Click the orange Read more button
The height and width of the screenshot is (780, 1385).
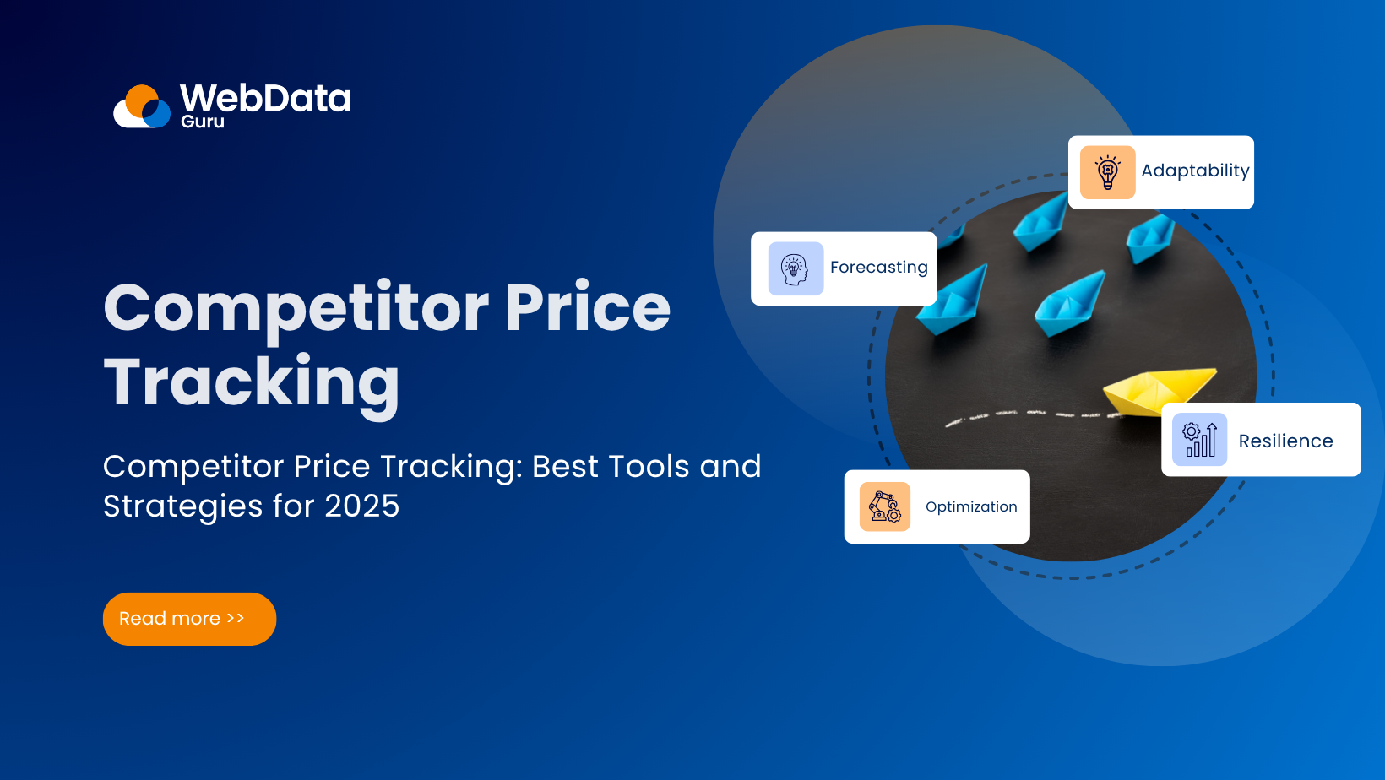tap(189, 619)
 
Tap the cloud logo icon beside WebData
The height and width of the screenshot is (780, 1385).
tap(142, 107)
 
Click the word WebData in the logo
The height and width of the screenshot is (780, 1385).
tap(265, 98)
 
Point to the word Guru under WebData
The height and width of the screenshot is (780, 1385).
tap(202, 122)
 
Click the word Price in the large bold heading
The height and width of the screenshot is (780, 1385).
tap(587, 307)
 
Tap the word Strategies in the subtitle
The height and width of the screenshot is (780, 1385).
tap(182, 506)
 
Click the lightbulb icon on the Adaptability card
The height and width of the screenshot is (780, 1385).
tap(1107, 172)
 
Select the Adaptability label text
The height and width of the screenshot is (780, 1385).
tap(1194, 171)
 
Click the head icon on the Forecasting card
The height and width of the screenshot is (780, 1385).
tap(795, 269)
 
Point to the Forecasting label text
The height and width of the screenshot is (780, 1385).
tap(878, 268)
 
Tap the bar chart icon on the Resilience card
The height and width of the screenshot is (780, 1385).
tap(1199, 440)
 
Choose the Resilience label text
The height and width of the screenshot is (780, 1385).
tap(1285, 441)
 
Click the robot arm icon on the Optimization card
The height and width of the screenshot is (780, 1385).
tap(884, 506)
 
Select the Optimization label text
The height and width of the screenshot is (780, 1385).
tap(971, 506)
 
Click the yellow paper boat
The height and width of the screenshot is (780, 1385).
tap(1157, 390)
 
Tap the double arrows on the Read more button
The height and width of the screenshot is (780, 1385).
tap(236, 619)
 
